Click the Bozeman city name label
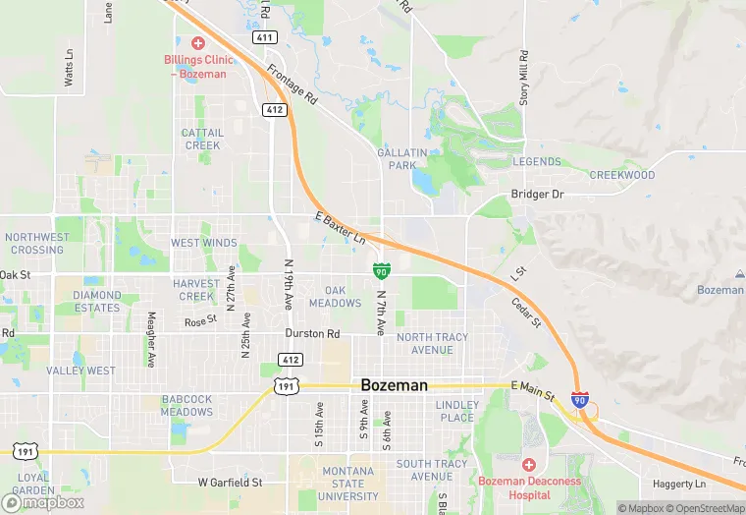pyautogui.click(x=394, y=385)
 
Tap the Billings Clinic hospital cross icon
pyautogui.click(x=197, y=43)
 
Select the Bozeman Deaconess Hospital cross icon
pyautogui.click(x=529, y=464)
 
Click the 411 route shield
pyautogui.click(x=263, y=37)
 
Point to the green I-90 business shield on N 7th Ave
pyautogui.click(x=382, y=270)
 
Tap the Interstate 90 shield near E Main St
pyautogui.click(x=580, y=400)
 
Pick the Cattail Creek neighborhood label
pyautogui.click(x=203, y=139)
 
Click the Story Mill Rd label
pyautogui.click(x=524, y=78)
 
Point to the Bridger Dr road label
pyautogui.click(x=537, y=195)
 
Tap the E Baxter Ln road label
pyautogui.click(x=340, y=228)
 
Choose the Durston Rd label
pyautogui.click(x=311, y=334)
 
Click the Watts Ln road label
pyautogui.click(x=69, y=67)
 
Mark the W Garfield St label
pyautogui.click(x=230, y=483)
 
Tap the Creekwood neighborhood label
pyautogui.click(x=622, y=175)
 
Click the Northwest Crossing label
pyautogui.click(x=36, y=243)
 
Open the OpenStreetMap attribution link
pyautogui.click(x=703, y=508)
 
